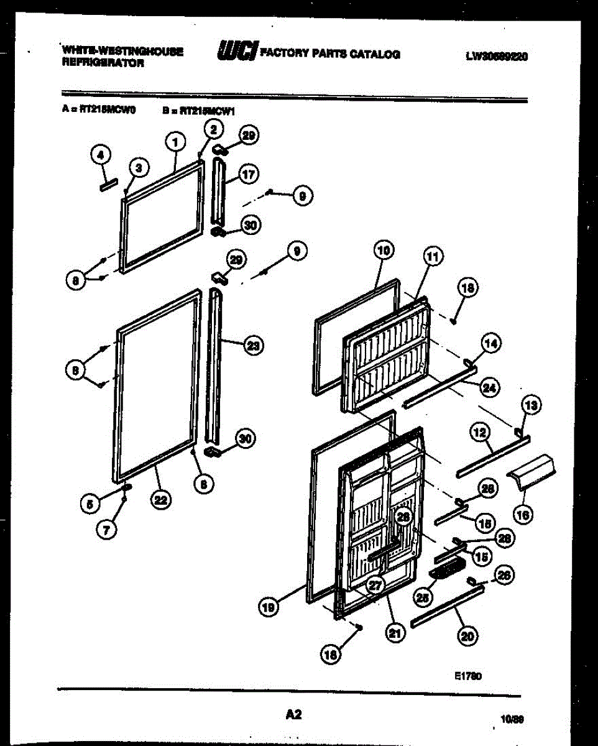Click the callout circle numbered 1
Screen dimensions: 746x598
tap(176, 142)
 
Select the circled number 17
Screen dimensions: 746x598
tap(249, 175)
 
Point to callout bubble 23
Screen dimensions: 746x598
tap(253, 346)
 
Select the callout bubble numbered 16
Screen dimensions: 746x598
tap(523, 514)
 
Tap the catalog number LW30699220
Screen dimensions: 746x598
tap(497, 57)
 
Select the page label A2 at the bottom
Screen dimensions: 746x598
tap(293, 715)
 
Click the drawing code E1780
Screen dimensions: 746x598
tap(469, 676)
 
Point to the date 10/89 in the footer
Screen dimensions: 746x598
tap(513, 719)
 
